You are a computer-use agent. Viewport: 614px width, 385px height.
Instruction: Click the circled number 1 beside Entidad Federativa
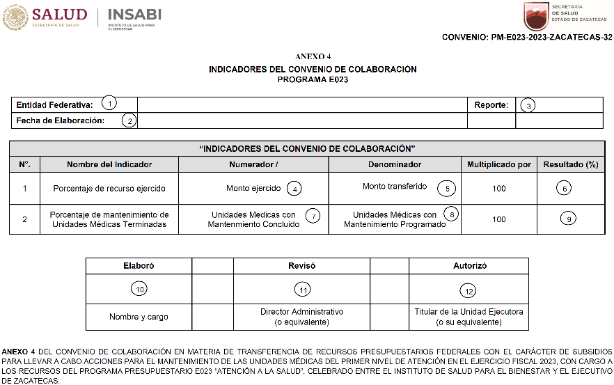108,104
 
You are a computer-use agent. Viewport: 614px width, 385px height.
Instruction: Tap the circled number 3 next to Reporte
528,106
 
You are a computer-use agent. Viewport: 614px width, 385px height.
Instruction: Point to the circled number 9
569,219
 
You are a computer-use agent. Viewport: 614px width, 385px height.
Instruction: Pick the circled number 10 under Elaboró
139,289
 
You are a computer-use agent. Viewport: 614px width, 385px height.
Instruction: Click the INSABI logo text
135,14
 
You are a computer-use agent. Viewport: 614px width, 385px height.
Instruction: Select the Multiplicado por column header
498,164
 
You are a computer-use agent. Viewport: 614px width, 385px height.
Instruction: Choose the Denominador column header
395,164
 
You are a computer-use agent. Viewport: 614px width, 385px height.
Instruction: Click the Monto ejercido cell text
253,188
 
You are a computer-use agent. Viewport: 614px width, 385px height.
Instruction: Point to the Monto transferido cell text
395,187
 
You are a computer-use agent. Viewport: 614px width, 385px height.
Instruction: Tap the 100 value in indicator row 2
498,219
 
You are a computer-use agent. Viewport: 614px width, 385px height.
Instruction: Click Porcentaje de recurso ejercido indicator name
109,189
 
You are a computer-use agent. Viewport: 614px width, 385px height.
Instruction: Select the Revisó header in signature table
301,266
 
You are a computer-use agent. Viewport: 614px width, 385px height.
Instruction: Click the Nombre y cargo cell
139,317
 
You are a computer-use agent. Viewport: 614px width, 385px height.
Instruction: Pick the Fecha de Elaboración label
61,120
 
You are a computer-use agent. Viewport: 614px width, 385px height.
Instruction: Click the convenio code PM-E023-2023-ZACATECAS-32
527,37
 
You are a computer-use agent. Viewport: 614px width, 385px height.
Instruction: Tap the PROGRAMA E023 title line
313,79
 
